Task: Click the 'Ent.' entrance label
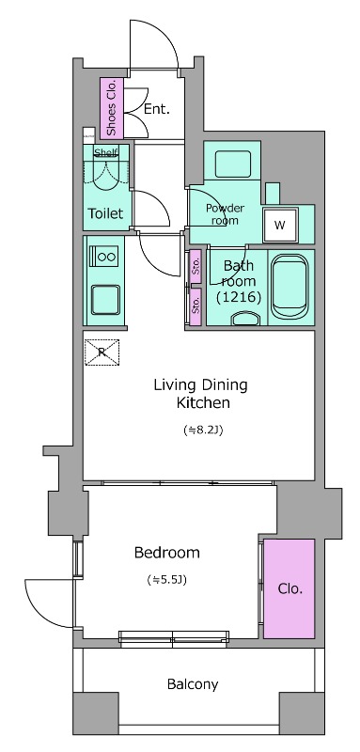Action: [x=157, y=109]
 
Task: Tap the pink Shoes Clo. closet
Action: [x=112, y=108]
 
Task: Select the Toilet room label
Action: [x=105, y=213]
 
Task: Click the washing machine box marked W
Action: [x=280, y=225]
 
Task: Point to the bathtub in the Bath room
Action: [x=290, y=288]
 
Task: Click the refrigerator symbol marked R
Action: [x=102, y=352]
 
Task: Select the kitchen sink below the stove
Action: [x=106, y=300]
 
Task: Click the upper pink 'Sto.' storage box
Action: [x=196, y=266]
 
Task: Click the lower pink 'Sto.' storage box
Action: [x=196, y=306]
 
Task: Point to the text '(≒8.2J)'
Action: [x=203, y=431]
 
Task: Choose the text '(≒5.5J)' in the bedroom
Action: [x=166, y=580]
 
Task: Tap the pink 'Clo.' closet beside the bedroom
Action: [x=290, y=588]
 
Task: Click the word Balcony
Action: [x=193, y=684]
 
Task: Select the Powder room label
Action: [x=225, y=214]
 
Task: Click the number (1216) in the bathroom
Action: [x=239, y=298]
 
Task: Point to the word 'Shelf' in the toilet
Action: [x=105, y=153]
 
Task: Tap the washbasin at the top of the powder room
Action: [x=233, y=164]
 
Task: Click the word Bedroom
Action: [x=166, y=553]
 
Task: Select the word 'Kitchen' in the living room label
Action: [x=203, y=403]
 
